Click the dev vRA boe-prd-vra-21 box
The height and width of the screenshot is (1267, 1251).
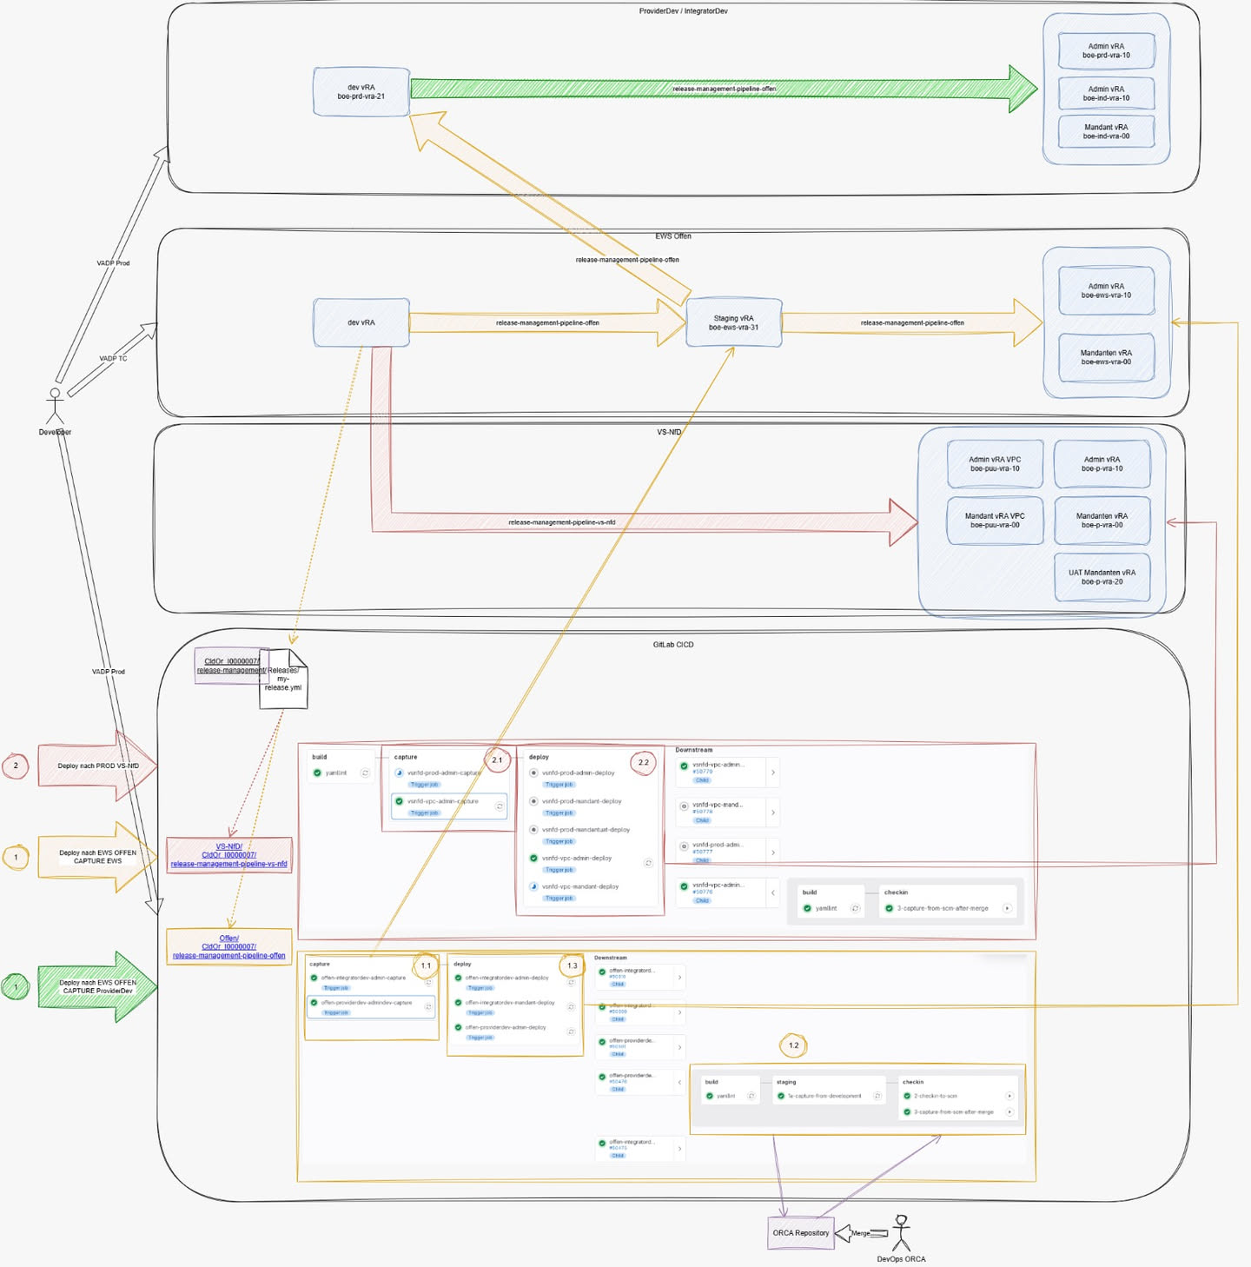click(x=361, y=92)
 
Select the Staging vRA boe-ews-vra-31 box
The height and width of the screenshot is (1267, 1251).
click(x=733, y=322)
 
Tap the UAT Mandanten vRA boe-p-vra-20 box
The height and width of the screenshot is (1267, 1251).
click(x=1102, y=577)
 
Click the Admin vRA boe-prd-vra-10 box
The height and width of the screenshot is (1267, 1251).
click(x=1106, y=51)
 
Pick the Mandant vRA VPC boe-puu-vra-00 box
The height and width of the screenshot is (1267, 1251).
click(x=995, y=521)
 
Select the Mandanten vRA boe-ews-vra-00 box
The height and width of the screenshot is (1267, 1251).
click(x=1106, y=357)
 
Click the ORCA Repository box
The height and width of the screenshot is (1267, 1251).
click(x=800, y=1232)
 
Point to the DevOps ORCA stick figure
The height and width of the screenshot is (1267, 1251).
click(x=902, y=1233)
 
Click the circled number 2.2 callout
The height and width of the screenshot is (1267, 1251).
click(x=643, y=762)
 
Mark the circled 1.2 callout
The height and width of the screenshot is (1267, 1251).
click(x=793, y=1045)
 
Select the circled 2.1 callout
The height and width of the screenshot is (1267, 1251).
click(x=497, y=760)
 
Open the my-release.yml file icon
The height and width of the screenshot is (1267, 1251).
click(x=283, y=679)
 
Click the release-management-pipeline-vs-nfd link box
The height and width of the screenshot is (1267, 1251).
click(x=228, y=855)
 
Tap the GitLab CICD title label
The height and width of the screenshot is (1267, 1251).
click(x=673, y=645)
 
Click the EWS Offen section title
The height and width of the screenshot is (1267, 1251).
click(x=673, y=236)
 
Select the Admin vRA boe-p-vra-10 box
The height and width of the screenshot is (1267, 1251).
click(x=1102, y=464)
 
